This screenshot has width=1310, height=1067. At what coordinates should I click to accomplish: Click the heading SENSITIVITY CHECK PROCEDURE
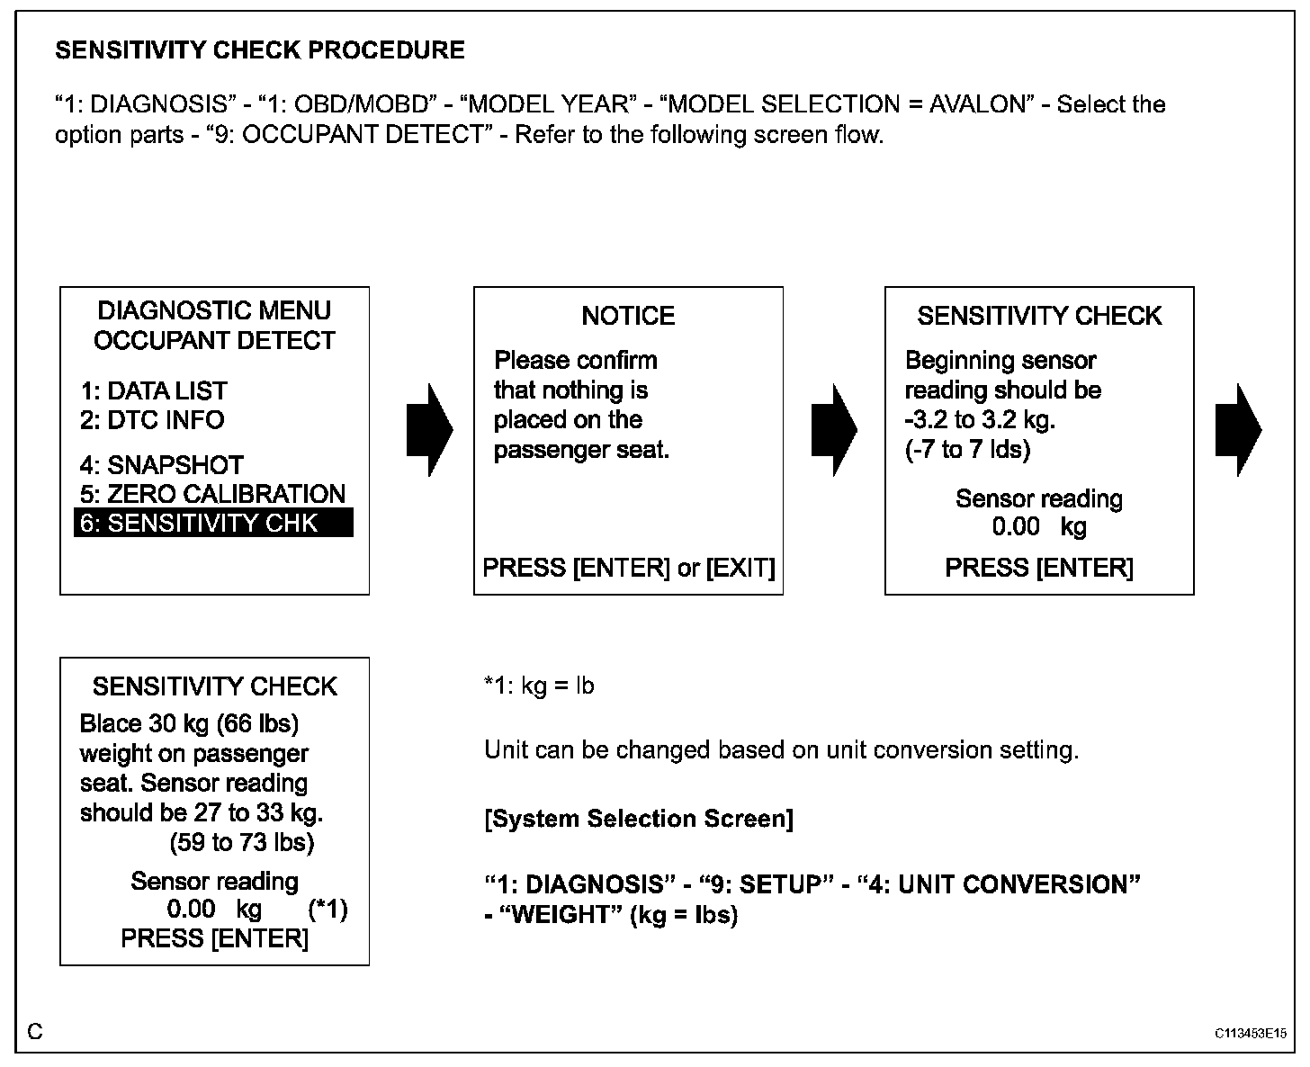[260, 50]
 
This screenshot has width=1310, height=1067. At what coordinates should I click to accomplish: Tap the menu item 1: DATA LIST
[153, 390]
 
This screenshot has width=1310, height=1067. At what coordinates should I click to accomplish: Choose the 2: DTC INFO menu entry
[152, 420]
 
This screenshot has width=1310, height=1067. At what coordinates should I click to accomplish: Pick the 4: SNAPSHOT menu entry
[162, 465]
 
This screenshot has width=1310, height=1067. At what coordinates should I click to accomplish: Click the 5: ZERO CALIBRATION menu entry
[212, 494]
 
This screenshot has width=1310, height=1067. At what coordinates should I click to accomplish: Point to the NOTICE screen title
[628, 316]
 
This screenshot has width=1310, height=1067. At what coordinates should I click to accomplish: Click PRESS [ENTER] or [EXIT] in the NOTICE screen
[628, 568]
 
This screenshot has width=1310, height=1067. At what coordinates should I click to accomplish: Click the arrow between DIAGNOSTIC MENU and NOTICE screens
[430, 430]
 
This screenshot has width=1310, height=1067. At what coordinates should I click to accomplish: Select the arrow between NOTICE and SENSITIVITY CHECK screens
[834, 430]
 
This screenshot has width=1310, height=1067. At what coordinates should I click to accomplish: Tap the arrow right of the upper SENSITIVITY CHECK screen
[1238, 430]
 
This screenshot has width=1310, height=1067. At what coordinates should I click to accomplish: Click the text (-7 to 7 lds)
[967, 449]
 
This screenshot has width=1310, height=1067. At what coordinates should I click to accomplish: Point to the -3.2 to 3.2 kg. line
[980, 420]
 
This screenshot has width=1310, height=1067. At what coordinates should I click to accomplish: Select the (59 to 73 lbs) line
[242, 843]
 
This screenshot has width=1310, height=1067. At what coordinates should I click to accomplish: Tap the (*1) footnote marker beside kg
[327, 910]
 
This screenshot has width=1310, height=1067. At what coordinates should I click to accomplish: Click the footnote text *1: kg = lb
[539, 686]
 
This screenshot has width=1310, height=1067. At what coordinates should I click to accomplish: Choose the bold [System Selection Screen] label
[639, 819]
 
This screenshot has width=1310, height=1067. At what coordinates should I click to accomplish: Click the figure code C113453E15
[1250, 1034]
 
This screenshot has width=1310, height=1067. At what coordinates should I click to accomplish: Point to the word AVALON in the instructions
[977, 104]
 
